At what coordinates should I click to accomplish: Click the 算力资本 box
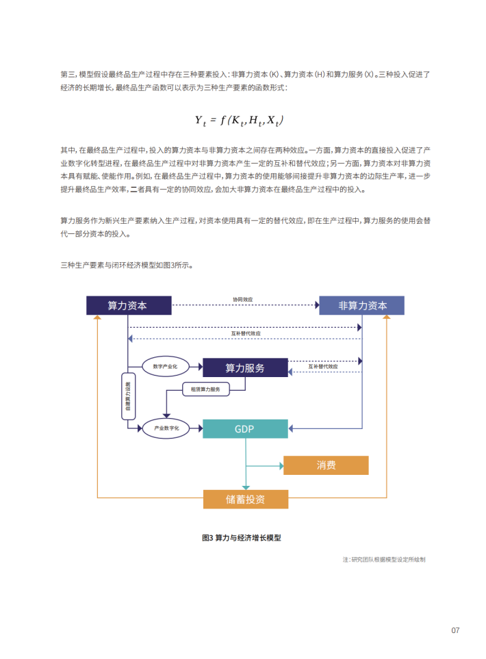128,305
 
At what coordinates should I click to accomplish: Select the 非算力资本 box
361,305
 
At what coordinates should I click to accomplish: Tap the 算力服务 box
245,367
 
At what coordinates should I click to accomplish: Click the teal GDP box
244,429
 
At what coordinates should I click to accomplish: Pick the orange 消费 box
326,465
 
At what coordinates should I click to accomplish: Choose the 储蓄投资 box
245,499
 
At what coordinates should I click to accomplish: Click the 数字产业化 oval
164,367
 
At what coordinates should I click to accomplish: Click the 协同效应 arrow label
242,300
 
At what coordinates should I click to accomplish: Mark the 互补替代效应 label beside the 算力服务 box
322,366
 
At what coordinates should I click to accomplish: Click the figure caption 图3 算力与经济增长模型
242,538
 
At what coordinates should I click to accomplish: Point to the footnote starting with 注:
384,559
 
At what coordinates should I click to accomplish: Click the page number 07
455,630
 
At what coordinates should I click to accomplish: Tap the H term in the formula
254,120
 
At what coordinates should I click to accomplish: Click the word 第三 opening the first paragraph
67,74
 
